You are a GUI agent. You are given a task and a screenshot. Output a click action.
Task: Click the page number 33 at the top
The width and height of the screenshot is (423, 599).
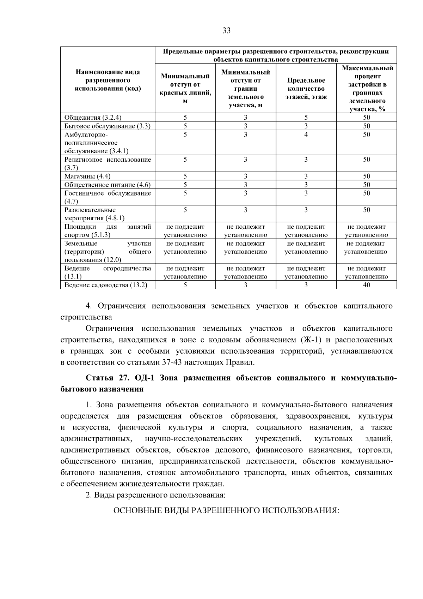pos(226,31)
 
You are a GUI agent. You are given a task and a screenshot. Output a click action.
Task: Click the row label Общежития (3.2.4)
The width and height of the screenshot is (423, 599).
pos(93,118)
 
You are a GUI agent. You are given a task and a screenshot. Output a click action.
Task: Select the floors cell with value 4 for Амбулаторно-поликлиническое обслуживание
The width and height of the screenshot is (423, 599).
pos(306,134)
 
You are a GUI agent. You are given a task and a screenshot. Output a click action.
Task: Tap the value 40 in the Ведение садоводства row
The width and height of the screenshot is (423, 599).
pos(366,285)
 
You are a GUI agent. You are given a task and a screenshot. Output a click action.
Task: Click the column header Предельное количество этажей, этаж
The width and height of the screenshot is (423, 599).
pos(306,89)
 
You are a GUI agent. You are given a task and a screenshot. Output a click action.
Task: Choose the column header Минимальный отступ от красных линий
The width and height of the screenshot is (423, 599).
pos(185,89)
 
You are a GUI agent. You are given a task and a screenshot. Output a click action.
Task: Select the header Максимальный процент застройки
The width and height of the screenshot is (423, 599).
pos(367,89)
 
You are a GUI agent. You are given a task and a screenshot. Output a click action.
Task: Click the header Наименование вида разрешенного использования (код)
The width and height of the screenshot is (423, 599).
pos(108,80)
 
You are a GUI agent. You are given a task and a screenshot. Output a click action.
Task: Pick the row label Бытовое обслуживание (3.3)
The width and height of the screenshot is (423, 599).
pos(108,126)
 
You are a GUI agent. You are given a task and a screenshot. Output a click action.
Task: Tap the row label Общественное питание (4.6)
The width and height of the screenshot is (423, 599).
pos(108,185)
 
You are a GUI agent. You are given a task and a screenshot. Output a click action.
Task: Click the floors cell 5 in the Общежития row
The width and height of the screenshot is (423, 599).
pos(306,118)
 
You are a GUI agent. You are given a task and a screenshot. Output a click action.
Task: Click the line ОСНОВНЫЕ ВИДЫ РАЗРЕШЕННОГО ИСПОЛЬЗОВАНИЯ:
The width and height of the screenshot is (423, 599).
pos(226,511)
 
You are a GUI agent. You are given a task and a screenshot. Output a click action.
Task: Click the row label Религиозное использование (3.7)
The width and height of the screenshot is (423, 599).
pos(108,163)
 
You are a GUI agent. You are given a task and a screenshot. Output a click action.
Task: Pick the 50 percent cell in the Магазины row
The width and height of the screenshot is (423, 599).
pos(366,176)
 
